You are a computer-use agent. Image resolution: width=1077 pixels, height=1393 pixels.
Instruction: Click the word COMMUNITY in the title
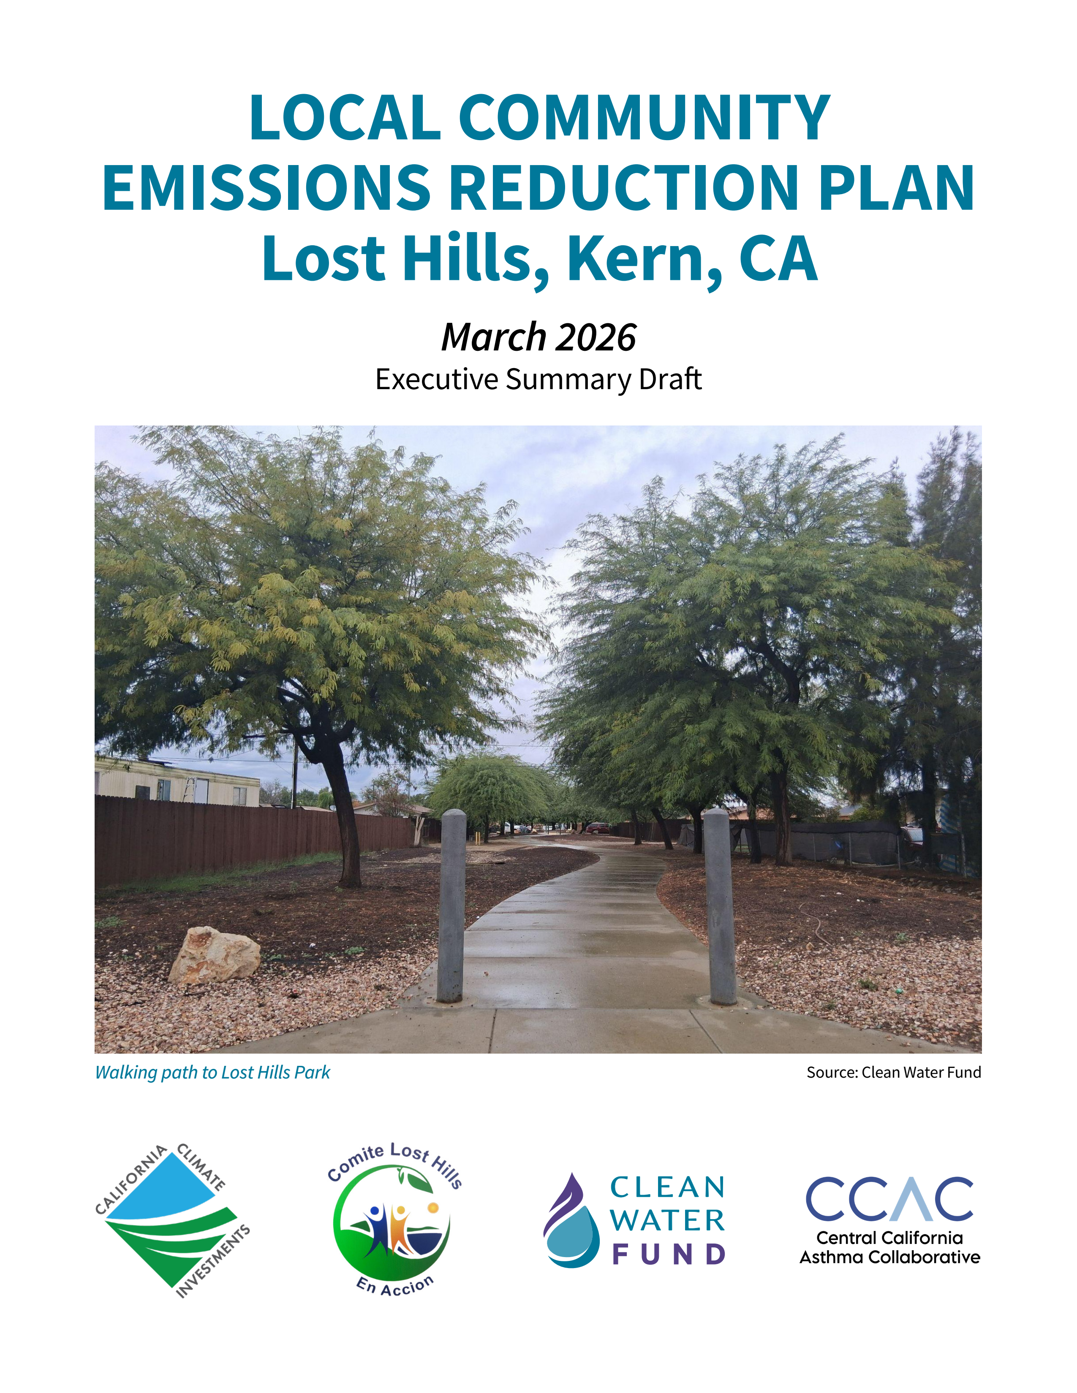point(645,118)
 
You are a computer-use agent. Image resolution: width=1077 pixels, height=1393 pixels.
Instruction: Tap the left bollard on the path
point(452,906)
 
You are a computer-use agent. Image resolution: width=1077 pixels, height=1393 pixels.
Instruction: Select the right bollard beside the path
point(721,906)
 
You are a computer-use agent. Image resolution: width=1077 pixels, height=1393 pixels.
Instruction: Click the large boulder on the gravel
point(215,955)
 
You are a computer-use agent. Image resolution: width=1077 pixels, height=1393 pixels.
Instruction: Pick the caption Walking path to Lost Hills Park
point(212,1073)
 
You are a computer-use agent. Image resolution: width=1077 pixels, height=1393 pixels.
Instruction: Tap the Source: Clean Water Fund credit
point(893,1073)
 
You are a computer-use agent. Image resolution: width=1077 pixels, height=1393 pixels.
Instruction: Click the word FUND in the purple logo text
point(668,1255)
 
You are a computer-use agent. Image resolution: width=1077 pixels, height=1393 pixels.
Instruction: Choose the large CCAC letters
point(889,1199)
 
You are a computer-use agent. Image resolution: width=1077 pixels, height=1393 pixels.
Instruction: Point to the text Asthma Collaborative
point(889,1257)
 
